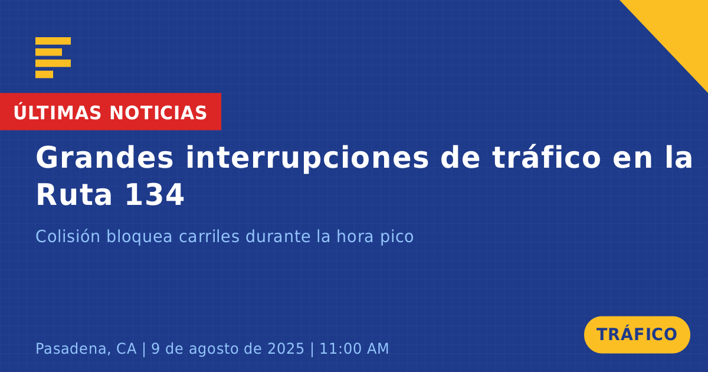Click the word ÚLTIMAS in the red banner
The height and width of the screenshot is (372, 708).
[57, 113]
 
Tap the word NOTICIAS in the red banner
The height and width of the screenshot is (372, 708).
[158, 113]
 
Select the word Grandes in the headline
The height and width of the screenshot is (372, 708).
[104, 158]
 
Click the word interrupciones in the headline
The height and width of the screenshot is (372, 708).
[307, 158]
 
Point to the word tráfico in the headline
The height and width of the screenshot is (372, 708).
[546, 157]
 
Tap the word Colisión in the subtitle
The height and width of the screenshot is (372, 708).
[68, 236]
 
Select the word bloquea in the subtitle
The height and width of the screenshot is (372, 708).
[139, 237]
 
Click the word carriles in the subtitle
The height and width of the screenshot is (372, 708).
[209, 236]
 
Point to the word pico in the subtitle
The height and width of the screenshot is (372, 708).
[396, 237]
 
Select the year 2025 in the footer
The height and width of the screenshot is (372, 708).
[286, 348]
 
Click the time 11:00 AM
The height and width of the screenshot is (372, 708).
[354, 348]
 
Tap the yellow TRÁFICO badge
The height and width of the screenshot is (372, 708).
[637, 335]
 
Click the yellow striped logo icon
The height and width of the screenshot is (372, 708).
[53, 58]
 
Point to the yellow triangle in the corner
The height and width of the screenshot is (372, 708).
[680, 28]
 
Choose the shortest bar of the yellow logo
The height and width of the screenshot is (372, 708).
[44, 74]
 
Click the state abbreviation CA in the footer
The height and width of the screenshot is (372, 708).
[126, 348]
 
